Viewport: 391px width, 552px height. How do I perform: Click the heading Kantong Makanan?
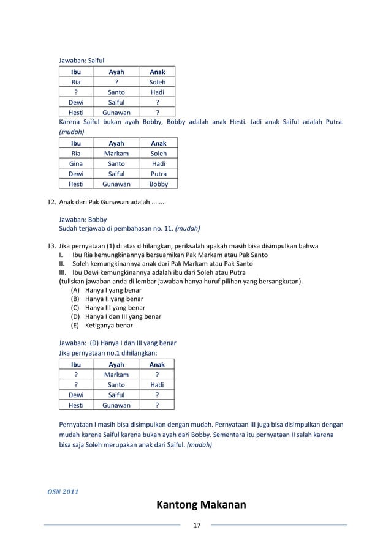coord(201,505)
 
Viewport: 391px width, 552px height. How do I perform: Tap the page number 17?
coord(196,525)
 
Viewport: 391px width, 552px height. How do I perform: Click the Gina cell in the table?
coord(76,164)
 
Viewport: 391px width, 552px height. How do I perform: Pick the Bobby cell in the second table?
coord(157,184)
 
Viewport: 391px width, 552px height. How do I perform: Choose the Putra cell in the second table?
coord(157,174)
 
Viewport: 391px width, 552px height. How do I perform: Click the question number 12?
coord(52,203)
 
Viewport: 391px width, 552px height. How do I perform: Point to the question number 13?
coord(52,246)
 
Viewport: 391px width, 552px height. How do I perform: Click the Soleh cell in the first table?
coord(157,81)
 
